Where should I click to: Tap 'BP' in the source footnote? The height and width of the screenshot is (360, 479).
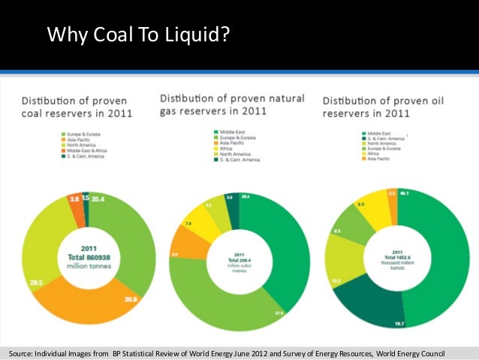(118, 353)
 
